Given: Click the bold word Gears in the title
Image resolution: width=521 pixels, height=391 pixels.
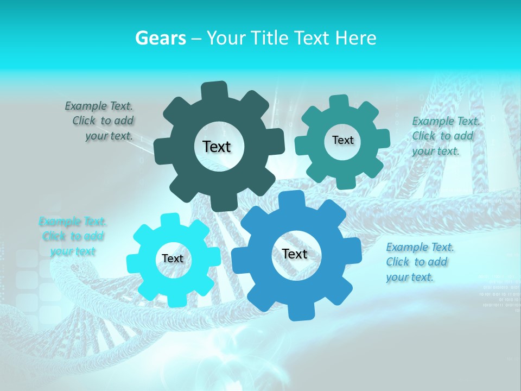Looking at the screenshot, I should click(160, 38).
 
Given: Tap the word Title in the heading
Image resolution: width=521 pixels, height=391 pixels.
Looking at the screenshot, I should click(270, 38).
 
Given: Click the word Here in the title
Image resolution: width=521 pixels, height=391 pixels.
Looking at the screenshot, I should click(355, 38).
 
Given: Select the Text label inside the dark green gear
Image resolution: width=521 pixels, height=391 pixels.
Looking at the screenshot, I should click(217, 147).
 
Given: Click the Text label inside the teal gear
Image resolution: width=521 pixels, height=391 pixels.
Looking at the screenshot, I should click(342, 140).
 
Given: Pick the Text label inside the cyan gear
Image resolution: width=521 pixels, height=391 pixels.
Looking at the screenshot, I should click(173, 259).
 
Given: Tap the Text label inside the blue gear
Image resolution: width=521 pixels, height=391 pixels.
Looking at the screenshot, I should click(295, 254).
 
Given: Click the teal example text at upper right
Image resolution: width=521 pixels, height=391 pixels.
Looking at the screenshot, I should click(445, 136).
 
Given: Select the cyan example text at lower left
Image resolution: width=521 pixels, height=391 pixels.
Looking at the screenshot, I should click(73, 236).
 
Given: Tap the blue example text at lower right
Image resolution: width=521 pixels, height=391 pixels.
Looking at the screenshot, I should click(419, 262).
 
